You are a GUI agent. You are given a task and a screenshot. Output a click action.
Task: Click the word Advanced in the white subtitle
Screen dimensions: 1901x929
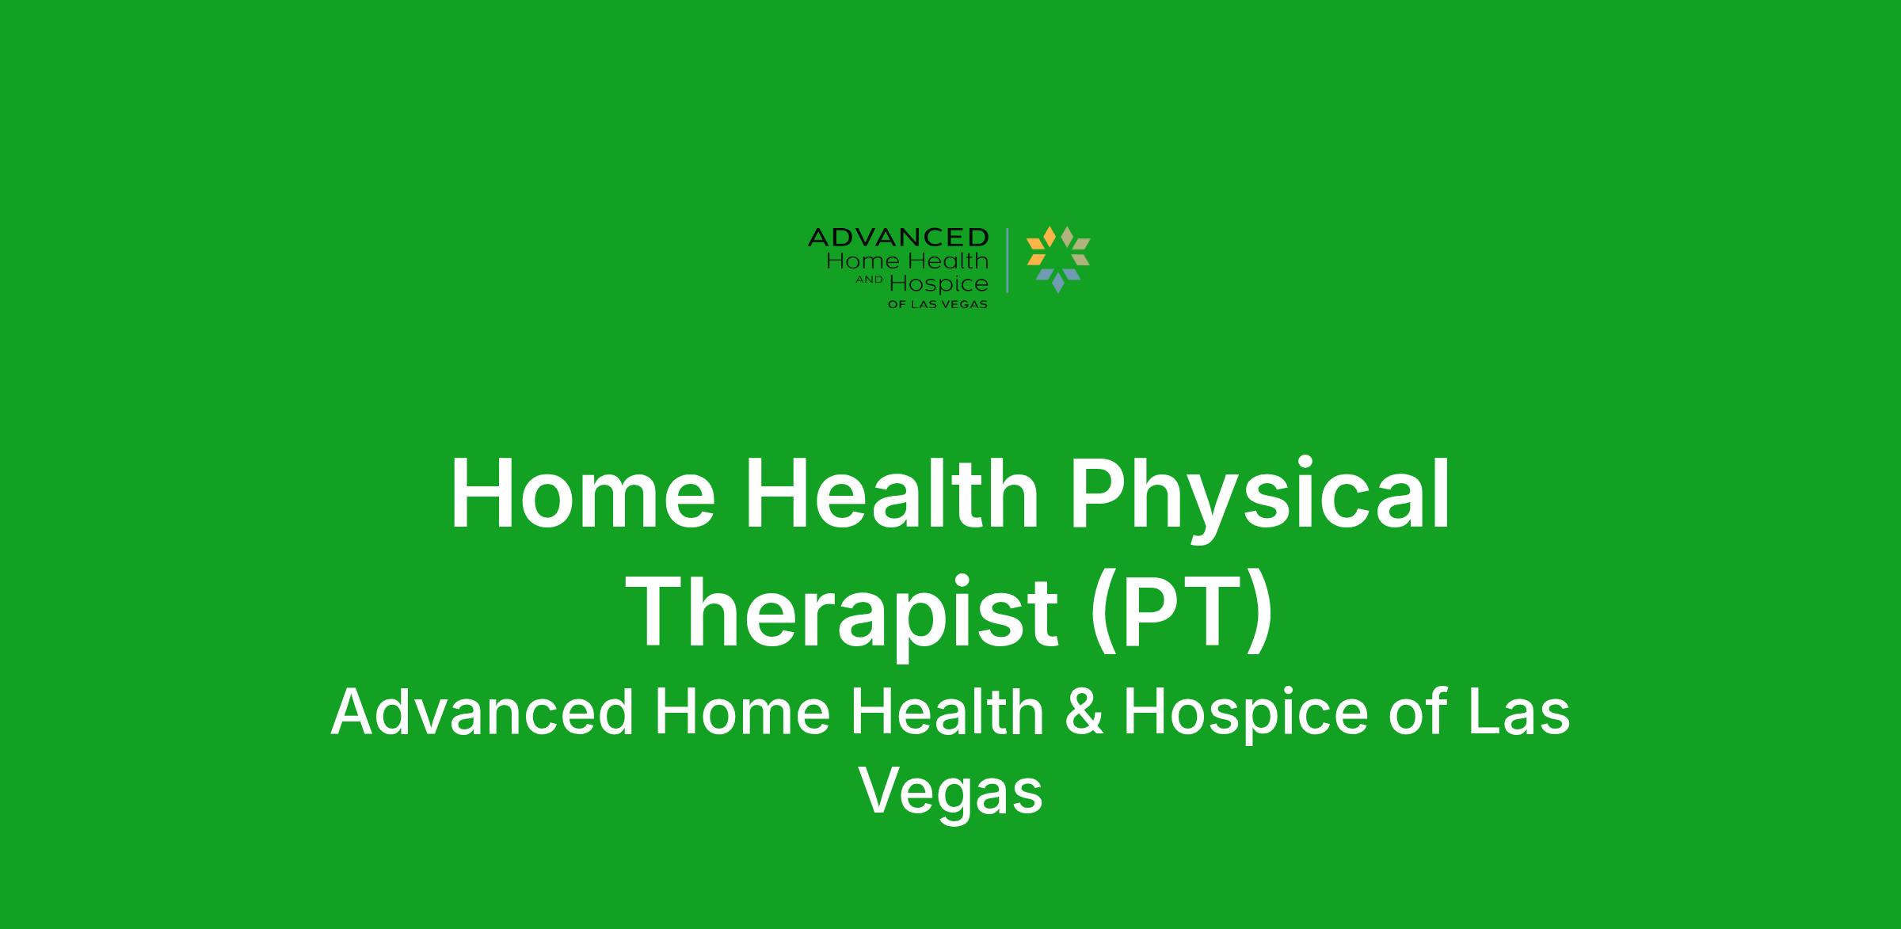point(482,713)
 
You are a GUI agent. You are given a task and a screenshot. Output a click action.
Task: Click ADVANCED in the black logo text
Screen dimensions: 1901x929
point(898,237)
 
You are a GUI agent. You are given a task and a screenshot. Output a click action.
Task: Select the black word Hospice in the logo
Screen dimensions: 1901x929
point(939,285)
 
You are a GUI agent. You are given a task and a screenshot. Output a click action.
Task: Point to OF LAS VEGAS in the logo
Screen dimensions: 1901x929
point(938,305)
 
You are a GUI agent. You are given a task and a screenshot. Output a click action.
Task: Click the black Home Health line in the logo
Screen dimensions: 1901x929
point(908,261)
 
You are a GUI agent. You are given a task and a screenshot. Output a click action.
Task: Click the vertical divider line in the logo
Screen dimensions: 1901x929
point(1008,261)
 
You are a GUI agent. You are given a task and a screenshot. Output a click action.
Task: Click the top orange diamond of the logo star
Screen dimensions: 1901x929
point(1050,236)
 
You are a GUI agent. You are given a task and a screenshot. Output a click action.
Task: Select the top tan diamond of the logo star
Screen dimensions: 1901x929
point(1067,236)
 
